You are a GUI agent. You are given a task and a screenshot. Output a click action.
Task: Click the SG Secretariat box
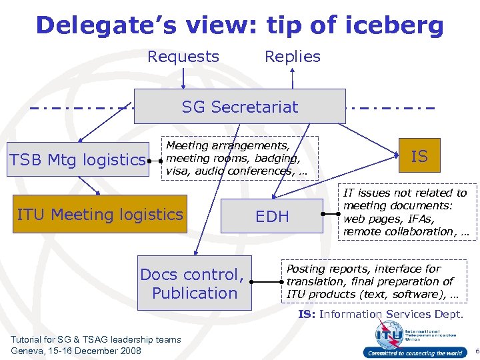pyautogui.click(x=240, y=107)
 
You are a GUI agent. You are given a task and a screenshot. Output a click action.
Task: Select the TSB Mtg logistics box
pyautogui.click(x=77, y=160)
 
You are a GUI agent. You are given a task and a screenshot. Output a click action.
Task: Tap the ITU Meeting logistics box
pyautogui.click(x=100, y=214)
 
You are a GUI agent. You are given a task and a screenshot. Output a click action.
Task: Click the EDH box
pyautogui.click(x=272, y=216)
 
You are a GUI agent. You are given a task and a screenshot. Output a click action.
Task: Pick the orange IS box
pyautogui.click(x=419, y=156)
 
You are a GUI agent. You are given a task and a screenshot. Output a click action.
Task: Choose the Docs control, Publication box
pyautogui.click(x=195, y=283)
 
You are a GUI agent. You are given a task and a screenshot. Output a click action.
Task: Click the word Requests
pyautogui.click(x=183, y=57)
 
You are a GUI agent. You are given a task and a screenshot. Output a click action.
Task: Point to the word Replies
pyautogui.click(x=293, y=57)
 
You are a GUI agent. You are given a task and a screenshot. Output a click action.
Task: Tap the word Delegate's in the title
pyautogui.click(x=105, y=25)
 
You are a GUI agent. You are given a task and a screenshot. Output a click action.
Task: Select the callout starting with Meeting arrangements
pyautogui.click(x=240, y=158)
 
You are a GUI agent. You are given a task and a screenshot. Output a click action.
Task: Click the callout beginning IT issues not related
pyautogui.click(x=405, y=212)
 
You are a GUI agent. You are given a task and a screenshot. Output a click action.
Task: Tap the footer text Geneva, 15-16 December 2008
pyautogui.click(x=76, y=351)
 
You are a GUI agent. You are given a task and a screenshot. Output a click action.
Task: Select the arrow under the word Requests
pyautogui.click(x=183, y=77)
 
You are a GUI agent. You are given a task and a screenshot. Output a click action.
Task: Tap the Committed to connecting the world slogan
pyautogui.click(x=413, y=353)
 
